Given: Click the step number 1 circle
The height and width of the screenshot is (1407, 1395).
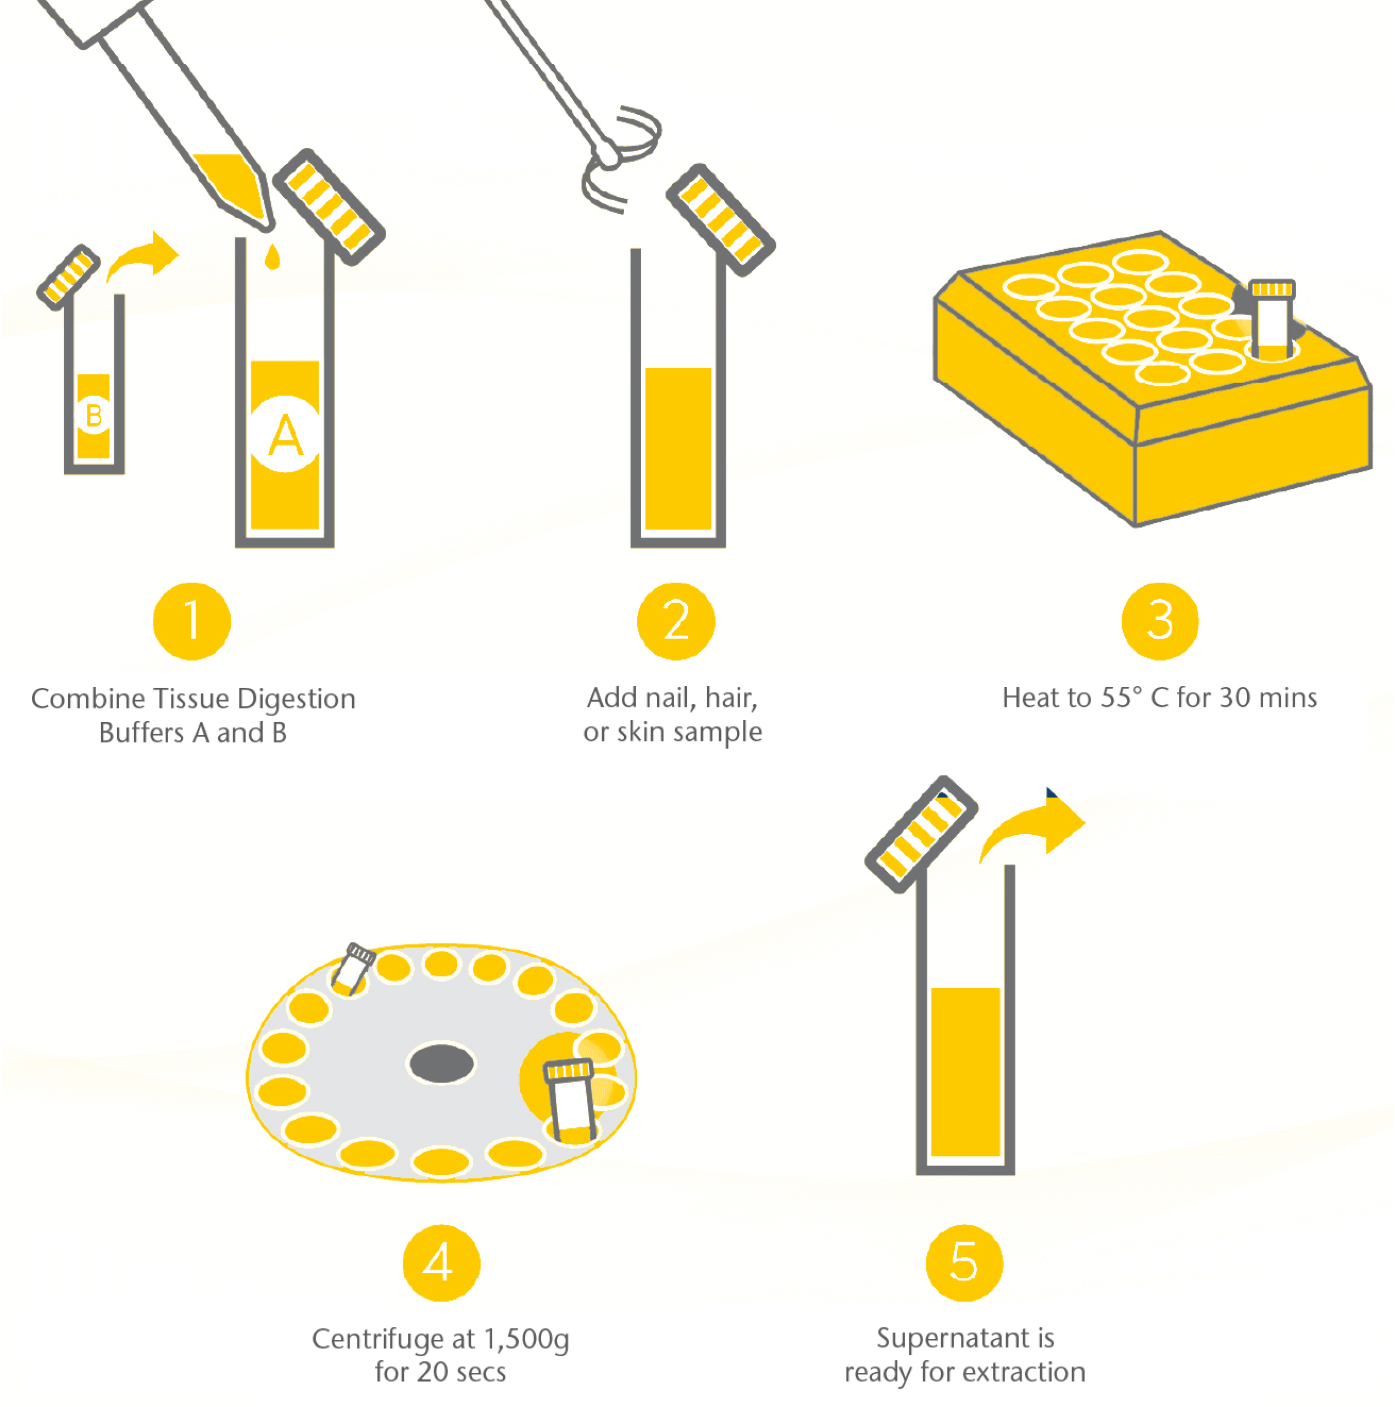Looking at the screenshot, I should [192, 621].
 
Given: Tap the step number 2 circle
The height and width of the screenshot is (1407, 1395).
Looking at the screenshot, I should [676, 621].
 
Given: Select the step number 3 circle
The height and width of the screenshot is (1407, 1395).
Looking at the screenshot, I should [1159, 621].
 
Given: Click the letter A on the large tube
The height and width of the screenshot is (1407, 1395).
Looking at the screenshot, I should [285, 435].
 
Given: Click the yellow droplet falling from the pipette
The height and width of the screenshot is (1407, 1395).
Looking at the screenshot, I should [273, 257].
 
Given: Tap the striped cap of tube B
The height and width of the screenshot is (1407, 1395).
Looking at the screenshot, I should [69, 277].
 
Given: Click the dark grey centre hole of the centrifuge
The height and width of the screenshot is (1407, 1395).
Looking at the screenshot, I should [441, 1064].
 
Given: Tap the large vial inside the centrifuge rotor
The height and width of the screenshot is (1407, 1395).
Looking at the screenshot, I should [571, 1100].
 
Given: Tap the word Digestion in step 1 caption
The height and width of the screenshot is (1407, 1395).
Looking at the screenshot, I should [296, 699].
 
